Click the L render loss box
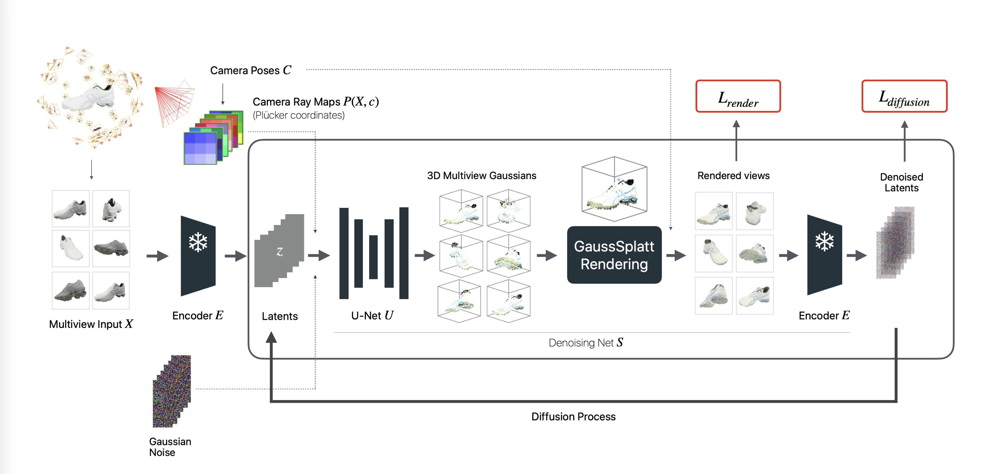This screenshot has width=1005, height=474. tap(738, 96)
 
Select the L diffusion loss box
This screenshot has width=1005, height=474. tap(904, 96)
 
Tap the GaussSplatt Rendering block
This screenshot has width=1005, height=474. tap(614, 255)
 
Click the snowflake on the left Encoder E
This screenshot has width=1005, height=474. tap(198, 242)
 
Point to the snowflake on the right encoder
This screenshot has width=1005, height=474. tap(824, 241)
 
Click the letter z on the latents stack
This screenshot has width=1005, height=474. tap(279, 252)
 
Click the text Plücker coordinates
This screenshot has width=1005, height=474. tap(299, 115)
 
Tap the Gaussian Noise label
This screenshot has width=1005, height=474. tap(170, 447)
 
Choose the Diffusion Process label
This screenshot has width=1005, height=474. tap(573, 417)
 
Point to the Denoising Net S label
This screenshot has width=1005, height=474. tap(585, 343)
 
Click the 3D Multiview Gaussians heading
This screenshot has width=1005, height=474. tap(481, 176)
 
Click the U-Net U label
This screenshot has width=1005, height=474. tap(372, 315)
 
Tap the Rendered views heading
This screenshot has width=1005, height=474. tap(733, 176)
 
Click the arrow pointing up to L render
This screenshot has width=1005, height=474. tap(736, 140)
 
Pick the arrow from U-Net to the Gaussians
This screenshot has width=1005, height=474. tap(424, 256)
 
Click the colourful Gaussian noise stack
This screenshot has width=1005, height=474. tap(172, 391)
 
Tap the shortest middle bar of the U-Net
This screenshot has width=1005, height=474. tap(373, 257)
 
